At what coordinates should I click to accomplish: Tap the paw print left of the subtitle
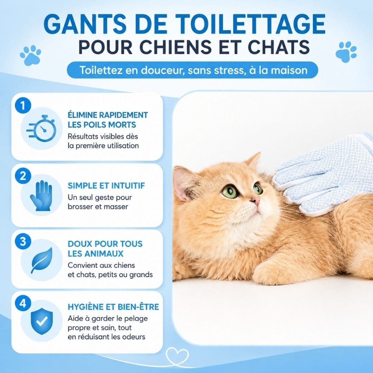[x=30, y=55]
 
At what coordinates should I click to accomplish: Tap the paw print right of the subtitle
[x=346, y=52]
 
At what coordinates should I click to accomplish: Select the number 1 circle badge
[x=23, y=105]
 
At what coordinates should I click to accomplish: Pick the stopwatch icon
[x=41, y=128]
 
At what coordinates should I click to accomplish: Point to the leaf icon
[x=42, y=260]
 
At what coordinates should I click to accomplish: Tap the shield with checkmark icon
[x=42, y=321]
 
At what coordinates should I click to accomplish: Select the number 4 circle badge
[x=23, y=304]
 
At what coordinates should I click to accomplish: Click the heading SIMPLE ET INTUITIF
[x=106, y=185]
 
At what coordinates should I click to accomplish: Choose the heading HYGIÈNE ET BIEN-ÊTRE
[x=113, y=307]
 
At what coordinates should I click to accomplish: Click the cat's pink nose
[x=256, y=200]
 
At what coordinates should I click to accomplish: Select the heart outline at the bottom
[x=177, y=356]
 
